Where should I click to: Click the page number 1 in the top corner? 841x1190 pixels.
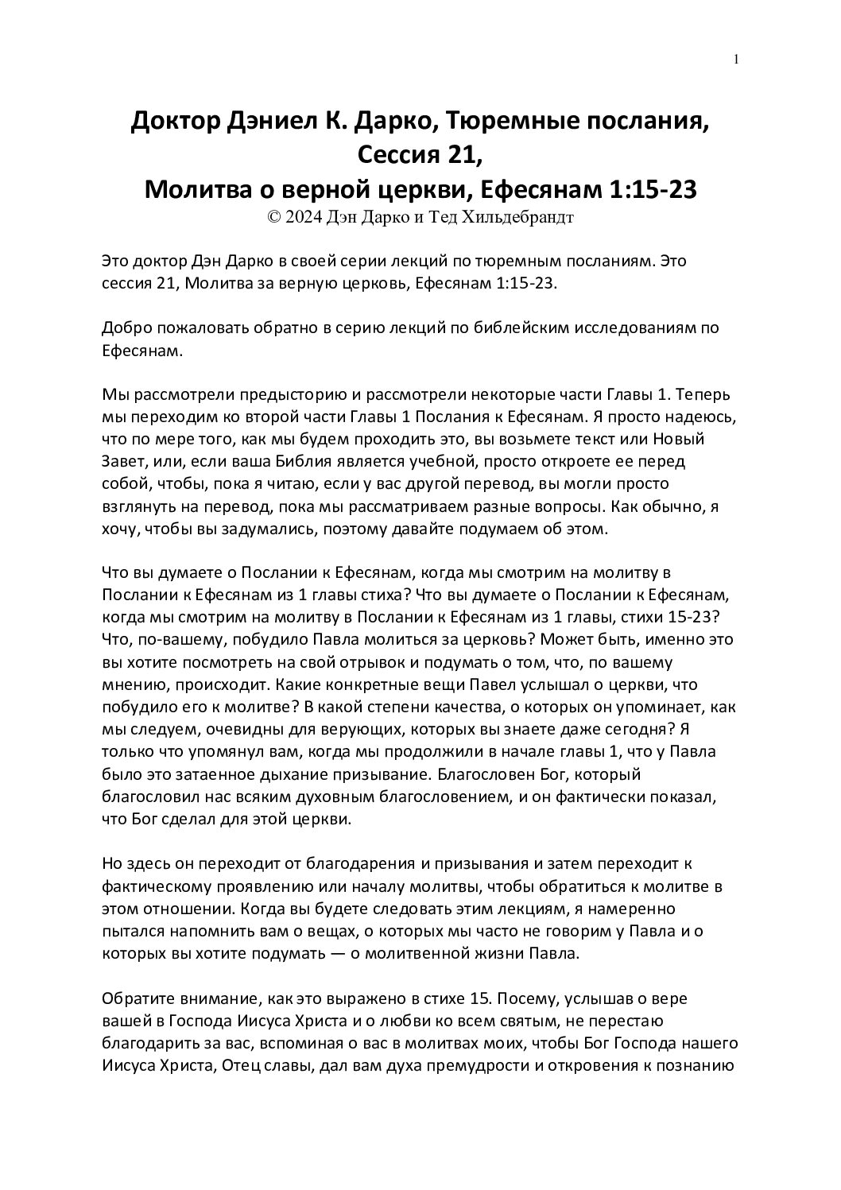click(x=736, y=59)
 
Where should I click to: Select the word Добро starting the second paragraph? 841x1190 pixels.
click(x=125, y=328)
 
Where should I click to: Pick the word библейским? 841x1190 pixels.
click(x=494, y=328)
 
